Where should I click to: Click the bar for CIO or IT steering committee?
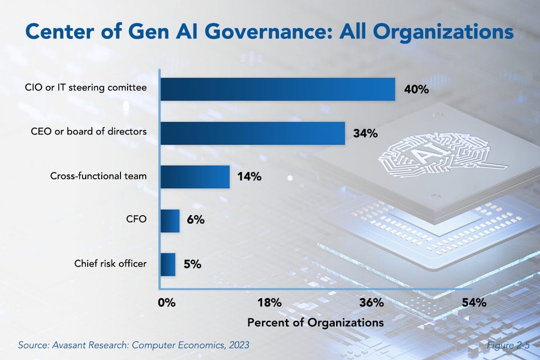point(277,89)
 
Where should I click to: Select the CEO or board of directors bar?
point(253,133)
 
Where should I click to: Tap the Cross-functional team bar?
point(195,177)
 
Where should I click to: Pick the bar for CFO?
point(170,221)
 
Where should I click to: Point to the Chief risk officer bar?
point(168,264)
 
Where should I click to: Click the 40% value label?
point(416,90)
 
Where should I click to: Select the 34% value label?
point(365,134)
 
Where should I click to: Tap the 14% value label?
point(249,177)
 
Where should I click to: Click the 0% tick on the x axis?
point(166,302)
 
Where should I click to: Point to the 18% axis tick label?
point(269,302)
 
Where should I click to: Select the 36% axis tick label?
point(371,302)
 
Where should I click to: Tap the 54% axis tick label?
point(474,302)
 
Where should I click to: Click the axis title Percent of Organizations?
point(315,323)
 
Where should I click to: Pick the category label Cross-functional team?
point(98,176)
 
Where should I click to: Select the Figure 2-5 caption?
point(508,345)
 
